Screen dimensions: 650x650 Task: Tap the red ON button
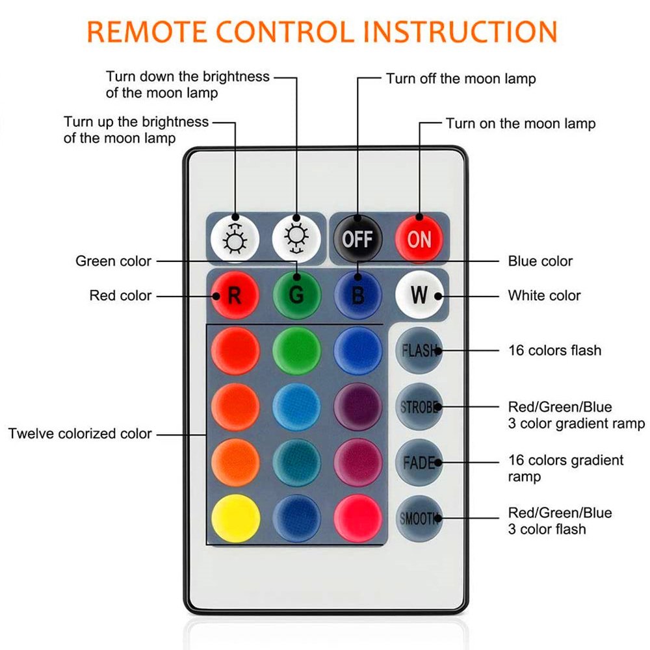(419, 239)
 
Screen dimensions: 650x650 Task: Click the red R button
(235, 295)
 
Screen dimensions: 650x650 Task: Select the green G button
(296, 295)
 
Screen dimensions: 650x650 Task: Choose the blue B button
(357, 295)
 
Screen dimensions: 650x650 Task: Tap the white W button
(419, 294)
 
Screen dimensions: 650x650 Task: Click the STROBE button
(419, 408)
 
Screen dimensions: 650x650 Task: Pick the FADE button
(419, 463)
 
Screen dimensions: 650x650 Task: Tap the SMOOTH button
(419, 518)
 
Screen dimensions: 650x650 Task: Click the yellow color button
(235, 519)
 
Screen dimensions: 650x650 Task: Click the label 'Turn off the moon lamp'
(461, 79)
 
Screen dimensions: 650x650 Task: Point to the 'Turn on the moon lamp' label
(520, 123)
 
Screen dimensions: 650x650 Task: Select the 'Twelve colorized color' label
(80, 434)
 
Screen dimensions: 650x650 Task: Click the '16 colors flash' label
(554, 350)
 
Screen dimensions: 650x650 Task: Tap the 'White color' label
(544, 296)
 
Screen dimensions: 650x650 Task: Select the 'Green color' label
(114, 261)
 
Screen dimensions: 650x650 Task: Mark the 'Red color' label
(120, 296)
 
